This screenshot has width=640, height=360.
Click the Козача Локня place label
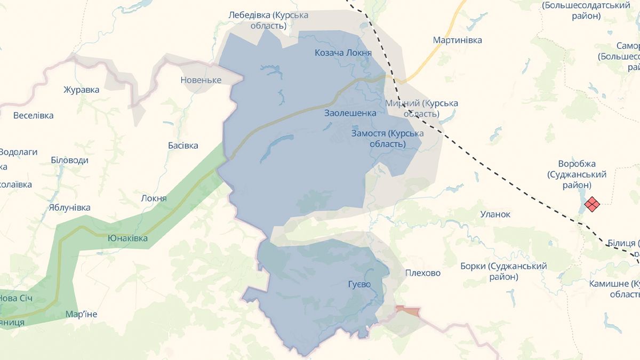[343, 53]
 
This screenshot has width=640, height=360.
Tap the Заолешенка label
[350, 113]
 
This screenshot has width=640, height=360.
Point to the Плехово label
[423, 273]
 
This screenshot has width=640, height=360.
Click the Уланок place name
[495, 214]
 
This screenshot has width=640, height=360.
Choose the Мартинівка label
[457, 40]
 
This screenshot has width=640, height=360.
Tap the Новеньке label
[201, 80]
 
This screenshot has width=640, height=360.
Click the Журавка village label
[81, 90]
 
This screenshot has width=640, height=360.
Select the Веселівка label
[33, 115]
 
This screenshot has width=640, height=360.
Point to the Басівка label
[183, 146]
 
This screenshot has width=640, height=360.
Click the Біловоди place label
[69, 160]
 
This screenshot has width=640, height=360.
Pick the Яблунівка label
[69, 207]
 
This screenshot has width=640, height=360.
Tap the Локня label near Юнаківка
[154, 198]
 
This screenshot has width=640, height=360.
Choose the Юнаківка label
[127, 238]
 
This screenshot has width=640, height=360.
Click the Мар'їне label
[81, 314]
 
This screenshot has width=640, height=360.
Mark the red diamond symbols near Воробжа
[592, 204]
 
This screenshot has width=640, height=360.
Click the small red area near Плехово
[408, 310]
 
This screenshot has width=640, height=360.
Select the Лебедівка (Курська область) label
[268, 20]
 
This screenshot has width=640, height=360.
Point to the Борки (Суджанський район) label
[503, 271]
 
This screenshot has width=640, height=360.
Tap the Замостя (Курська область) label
[387, 139]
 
